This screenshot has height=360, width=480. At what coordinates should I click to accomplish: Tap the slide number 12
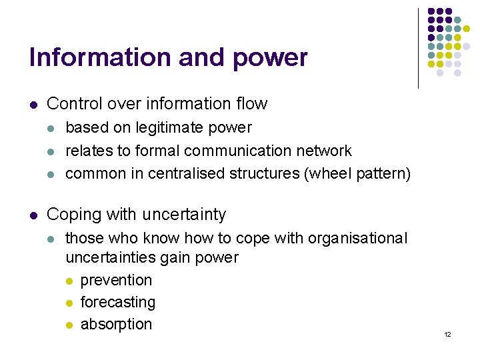[447, 334]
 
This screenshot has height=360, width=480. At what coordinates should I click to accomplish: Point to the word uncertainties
[111, 257]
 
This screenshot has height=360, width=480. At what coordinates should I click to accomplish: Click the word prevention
[116, 280]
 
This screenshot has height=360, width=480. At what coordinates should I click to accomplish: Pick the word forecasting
[117, 302]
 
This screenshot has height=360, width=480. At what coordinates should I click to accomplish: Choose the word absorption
[116, 324]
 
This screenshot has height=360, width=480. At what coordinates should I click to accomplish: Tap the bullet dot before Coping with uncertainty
[33, 215]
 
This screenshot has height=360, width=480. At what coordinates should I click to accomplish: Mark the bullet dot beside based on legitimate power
[53, 128]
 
